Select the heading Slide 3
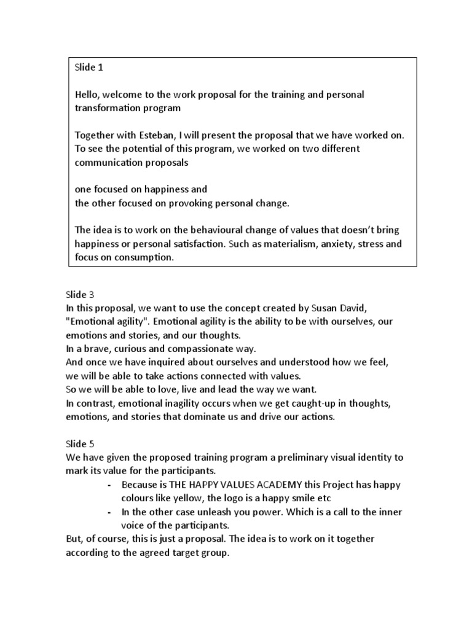pos(79,295)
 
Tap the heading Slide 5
pos(79,443)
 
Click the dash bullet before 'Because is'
pos(109,485)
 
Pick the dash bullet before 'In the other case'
pos(109,512)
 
